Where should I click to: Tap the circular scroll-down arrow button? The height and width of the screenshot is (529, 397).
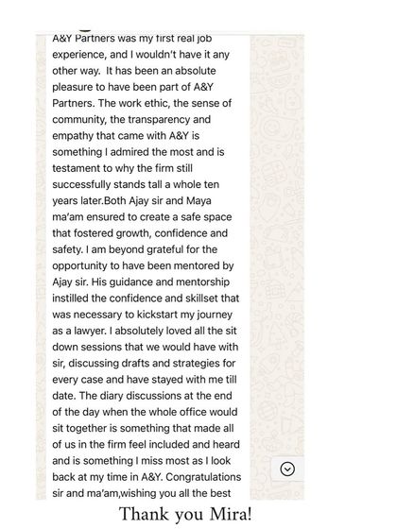coord(287,469)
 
